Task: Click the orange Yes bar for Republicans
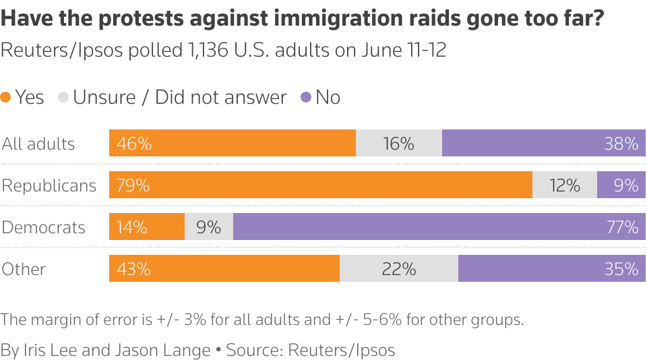(321, 185)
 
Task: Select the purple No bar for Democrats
(439, 227)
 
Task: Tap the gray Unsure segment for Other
(399, 268)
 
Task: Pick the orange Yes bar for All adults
(233, 143)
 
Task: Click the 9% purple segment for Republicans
(621, 185)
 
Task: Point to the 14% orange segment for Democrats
(147, 227)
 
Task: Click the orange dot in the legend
(6, 97)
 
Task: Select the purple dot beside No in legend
(306, 97)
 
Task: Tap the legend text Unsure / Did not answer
(180, 97)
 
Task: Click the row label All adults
(38, 144)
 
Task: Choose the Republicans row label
(49, 185)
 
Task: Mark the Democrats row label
(44, 227)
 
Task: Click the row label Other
(24, 269)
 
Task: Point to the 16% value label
(398, 144)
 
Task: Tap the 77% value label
(622, 227)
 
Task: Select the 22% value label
(398, 269)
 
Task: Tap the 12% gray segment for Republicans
(565, 185)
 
